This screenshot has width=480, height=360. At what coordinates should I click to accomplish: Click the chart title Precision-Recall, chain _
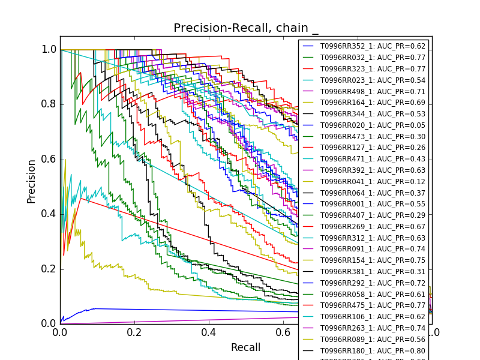pyautogui.click(x=246, y=28)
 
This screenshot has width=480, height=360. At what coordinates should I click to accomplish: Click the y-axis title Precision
pyautogui.click(x=31, y=181)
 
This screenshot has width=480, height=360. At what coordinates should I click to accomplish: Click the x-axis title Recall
pyautogui.click(x=246, y=347)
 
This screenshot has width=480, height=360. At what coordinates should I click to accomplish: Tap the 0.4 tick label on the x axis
pyautogui.click(x=209, y=332)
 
